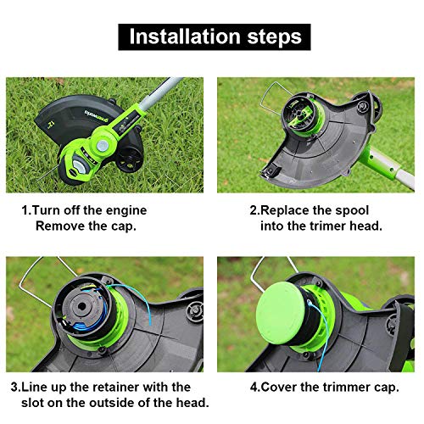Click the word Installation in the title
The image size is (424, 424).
pyautogui.click(x=181, y=36)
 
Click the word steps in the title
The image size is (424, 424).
pyautogui.click(x=267, y=36)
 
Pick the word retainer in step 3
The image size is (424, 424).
pyautogui.click(x=116, y=386)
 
